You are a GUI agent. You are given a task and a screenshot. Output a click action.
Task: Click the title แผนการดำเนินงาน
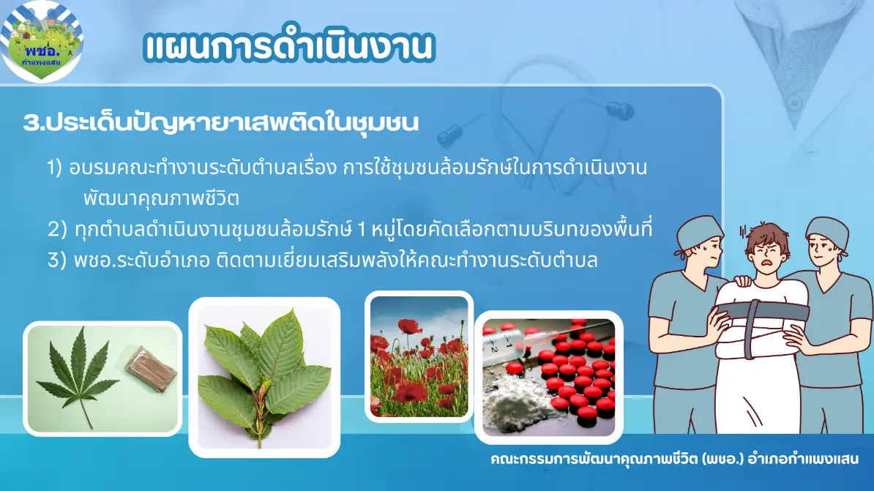pos(288,45)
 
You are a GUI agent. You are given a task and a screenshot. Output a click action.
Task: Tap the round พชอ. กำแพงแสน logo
pos(41,40)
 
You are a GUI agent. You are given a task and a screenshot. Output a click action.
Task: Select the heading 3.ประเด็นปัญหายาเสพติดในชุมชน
pos(221,122)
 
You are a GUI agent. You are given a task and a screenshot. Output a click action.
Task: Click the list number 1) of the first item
pos(55,168)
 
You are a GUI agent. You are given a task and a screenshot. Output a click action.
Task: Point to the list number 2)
pos(57,229)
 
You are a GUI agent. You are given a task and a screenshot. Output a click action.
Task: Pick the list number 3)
pos(57,260)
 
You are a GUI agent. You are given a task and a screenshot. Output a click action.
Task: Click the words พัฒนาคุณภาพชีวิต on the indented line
pos(161,198)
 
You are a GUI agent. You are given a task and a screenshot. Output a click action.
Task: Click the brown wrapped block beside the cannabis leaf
pos(151,368)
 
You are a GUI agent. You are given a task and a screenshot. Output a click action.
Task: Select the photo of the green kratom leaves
pos(264,378)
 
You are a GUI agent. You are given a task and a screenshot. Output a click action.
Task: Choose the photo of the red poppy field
pos(419,356)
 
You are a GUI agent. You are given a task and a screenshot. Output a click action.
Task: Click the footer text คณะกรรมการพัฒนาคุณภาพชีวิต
pos(594,460)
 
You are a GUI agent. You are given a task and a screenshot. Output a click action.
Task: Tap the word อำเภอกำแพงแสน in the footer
pos(803,460)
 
